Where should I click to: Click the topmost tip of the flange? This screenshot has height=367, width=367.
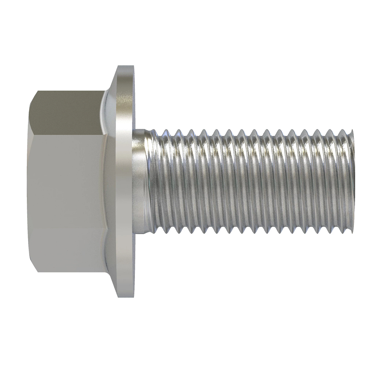click(125, 66)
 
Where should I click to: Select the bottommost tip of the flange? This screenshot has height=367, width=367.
click(125, 296)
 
